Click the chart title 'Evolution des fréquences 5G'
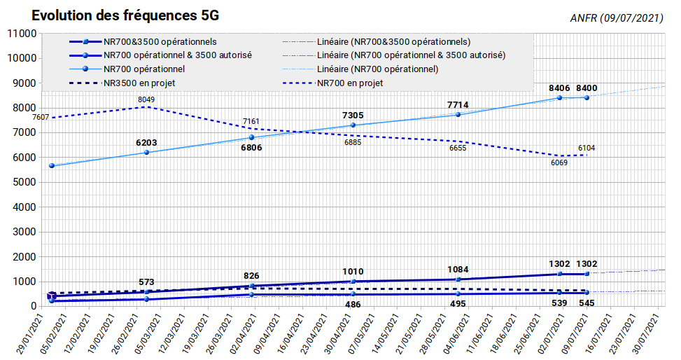click(125, 15)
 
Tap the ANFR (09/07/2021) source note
click(617, 18)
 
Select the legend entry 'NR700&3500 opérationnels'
click(160, 42)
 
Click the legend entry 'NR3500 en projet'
click(139, 83)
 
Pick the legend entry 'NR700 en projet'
click(350, 83)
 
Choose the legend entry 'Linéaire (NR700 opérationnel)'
click(378, 69)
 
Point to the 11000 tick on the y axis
click(22, 34)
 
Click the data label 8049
click(146, 99)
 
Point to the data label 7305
click(353, 116)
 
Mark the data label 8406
click(559, 88)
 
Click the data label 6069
click(559, 162)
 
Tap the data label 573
click(146, 282)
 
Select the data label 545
click(587, 303)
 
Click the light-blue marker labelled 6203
click(146, 152)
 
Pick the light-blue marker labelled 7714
click(458, 114)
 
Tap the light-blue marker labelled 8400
click(587, 98)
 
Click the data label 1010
click(353, 272)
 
